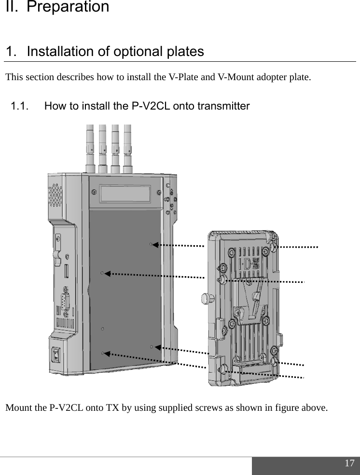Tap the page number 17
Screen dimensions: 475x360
pyautogui.click(x=349, y=463)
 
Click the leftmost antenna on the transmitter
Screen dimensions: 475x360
pyautogui.click(x=90, y=147)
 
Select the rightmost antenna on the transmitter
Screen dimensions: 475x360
pyautogui.click(x=127, y=147)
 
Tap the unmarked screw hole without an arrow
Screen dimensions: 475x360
pyautogui.click(x=102, y=329)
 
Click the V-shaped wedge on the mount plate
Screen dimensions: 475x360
pyautogui.click(x=253, y=294)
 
